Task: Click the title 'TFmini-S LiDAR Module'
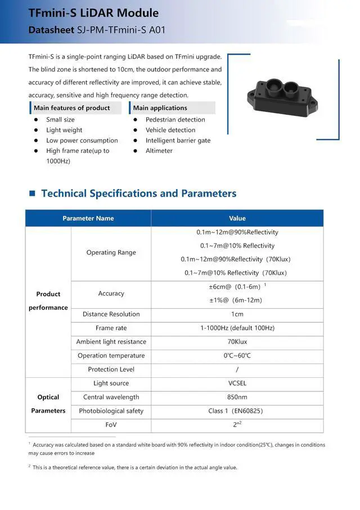93,13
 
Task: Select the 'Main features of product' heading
72,108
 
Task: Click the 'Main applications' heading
160,108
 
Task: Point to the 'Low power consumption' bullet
82,141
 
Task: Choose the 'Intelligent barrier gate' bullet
178,141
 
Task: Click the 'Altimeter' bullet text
159,151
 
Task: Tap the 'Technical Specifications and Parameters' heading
138,193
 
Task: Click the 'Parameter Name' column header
88,218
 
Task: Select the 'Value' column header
237,218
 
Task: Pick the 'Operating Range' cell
111,252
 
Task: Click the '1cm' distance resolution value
237,314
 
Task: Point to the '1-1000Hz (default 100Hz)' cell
237,328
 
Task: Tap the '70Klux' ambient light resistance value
237,342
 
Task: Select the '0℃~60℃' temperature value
237,355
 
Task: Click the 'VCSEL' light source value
237,383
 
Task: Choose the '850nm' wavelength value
237,397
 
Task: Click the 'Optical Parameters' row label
48,404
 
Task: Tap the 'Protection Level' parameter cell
111,369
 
